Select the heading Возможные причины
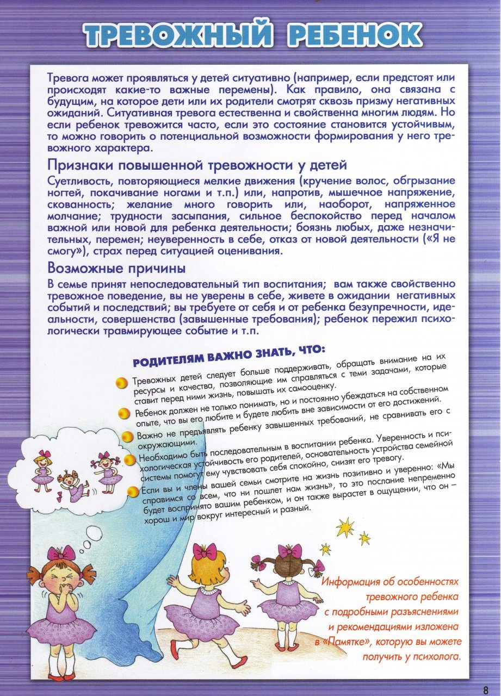116,268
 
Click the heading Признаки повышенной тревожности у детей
197,164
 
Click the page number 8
485,689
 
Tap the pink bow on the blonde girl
205,552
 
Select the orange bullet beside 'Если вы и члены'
133,493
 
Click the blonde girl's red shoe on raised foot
238,662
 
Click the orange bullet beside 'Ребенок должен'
125,413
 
